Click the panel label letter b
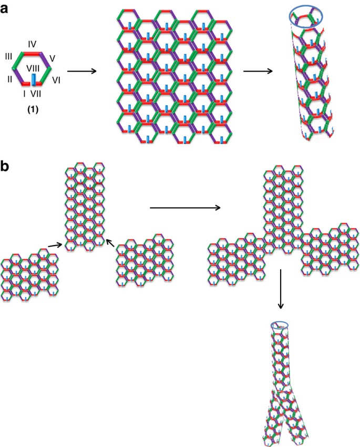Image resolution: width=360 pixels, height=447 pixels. tap(4, 166)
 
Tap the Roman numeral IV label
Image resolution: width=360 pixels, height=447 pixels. tap(32, 44)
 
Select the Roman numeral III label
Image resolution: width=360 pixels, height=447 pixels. tap(8, 56)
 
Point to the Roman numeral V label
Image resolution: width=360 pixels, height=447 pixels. tap(52, 58)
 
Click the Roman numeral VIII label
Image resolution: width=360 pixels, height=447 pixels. tap(33, 68)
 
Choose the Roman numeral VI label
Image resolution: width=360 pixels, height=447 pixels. tap(56, 80)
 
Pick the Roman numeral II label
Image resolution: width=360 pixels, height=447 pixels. tap(9, 79)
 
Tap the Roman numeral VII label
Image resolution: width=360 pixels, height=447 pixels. tap(36, 94)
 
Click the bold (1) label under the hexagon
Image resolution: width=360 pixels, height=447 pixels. tap(33, 110)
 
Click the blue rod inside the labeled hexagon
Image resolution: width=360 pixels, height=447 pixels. tap(34, 80)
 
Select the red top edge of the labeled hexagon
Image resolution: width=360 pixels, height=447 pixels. tap(32, 53)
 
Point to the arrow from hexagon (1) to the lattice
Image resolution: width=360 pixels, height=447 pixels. tap(82, 71)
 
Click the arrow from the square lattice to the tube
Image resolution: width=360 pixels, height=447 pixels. tap(258, 71)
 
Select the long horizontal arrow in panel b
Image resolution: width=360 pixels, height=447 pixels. tap(185, 208)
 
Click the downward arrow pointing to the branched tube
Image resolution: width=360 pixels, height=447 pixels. tap(281, 289)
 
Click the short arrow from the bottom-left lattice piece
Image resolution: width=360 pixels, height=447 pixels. tap(55, 245)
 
